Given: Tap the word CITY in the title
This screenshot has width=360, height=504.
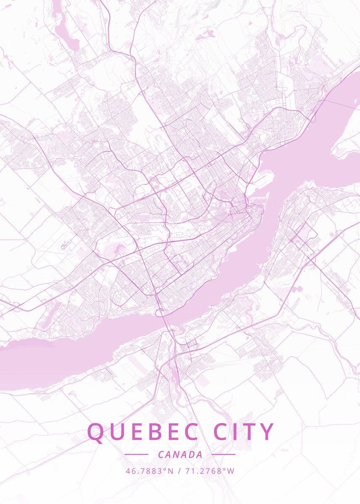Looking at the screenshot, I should point(244,432).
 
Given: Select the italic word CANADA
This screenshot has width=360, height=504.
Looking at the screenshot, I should point(180,454).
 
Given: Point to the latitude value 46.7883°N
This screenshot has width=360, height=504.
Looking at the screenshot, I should point(150,471).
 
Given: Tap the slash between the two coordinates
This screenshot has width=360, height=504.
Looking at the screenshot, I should point(179,471).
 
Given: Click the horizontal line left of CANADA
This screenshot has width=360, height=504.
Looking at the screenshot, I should point(137,454).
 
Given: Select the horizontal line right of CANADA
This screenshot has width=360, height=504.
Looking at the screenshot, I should point(223,454).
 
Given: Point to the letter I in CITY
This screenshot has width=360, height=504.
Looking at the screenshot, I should point(237,432).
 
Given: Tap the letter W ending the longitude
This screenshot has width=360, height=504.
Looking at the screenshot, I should point(231,471).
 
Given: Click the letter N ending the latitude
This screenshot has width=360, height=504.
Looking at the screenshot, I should point(171,471).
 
